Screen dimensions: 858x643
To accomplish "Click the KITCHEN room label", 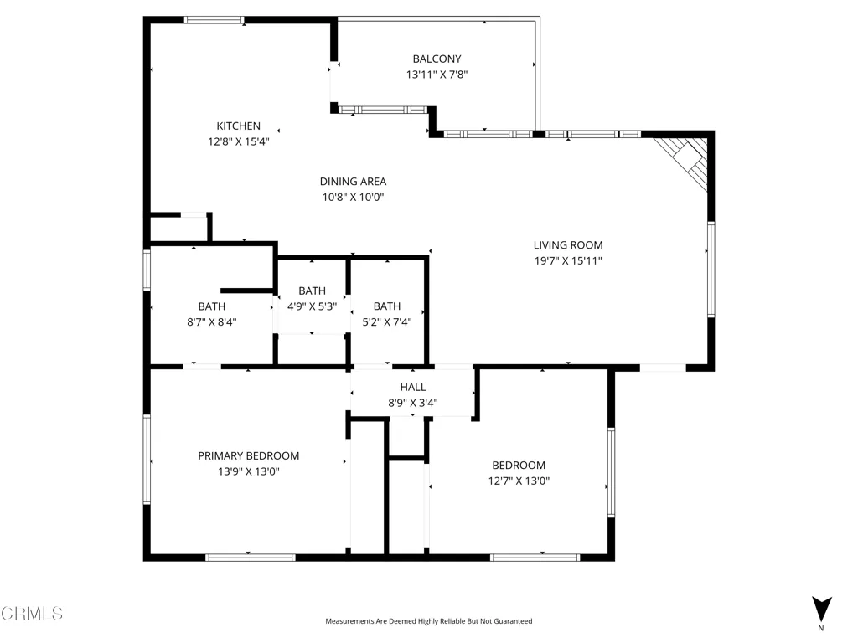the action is [x=238, y=126].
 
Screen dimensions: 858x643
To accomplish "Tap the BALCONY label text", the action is [x=437, y=59].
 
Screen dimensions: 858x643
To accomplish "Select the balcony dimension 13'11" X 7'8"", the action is [x=437, y=75].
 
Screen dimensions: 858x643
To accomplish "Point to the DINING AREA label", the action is [x=353, y=181].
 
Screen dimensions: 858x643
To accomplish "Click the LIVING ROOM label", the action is [x=568, y=245].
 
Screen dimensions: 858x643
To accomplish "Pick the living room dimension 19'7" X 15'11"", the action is [x=568, y=261].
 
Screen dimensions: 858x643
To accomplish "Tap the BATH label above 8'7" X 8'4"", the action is [x=212, y=306].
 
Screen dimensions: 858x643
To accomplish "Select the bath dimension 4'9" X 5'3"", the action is [x=312, y=306].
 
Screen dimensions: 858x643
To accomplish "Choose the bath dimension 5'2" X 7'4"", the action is [x=387, y=322].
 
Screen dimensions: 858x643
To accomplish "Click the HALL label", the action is [x=412, y=387].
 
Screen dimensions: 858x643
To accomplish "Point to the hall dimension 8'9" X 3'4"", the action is [x=412, y=403].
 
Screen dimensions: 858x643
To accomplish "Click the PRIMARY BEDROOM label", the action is [x=248, y=455].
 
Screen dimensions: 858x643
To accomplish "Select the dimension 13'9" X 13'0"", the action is [x=248, y=471].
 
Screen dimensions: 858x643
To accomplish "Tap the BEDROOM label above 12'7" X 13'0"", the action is [x=519, y=465].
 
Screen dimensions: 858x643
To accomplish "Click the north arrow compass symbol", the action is [x=821, y=610].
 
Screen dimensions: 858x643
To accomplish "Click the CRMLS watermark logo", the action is [x=32, y=613].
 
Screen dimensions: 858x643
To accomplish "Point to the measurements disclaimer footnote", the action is [x=428, y=621].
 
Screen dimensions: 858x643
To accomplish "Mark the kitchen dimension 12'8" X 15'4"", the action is [x=238, y=141].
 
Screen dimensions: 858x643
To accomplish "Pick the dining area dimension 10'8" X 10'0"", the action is [x=353, y=197].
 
